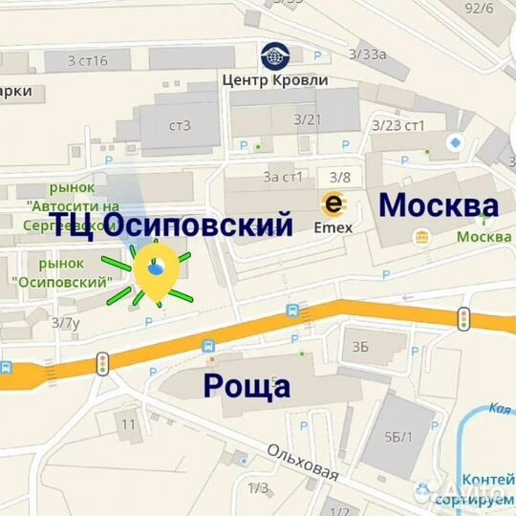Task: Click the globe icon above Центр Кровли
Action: pos(275,55)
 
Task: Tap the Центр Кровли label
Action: pos(274,79)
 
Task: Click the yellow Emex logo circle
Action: pos(333,204)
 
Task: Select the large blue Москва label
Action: pos(439,205)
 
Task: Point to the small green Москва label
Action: pos(484,237)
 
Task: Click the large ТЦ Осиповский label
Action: pos(171,225)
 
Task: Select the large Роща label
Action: pos(247,386)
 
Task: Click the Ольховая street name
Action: pos(303,462)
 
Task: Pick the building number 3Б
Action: pos(360,347)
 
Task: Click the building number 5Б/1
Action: pos(398,437)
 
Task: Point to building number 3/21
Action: pos(307,119)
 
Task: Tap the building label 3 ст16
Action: pos(88,61)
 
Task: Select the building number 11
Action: pos(128,422)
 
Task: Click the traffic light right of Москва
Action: pos(464,319)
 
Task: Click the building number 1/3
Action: pos(258,488)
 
